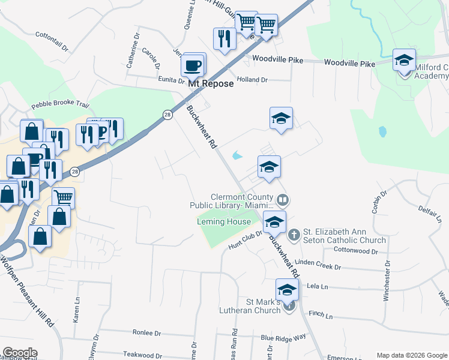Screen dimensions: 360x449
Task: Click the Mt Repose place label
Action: [x=211, y=84]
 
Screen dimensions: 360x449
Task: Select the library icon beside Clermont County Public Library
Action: [x=283, y=199]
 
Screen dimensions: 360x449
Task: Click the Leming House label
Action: [x=224, y=222]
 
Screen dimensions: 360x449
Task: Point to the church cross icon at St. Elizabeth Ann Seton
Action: [x=294, y=234]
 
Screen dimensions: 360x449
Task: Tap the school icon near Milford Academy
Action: [x=405, y=61]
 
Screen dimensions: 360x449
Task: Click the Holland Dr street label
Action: [x=252, y=80]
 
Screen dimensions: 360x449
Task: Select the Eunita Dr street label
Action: [x=170, y=79]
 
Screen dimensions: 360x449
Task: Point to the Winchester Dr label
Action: [x=387, y=280]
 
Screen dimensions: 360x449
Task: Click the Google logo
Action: [x=19, y=353]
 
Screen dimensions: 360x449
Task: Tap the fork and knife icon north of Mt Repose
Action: [x=224, y=39]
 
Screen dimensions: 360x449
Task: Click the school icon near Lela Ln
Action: [x=288, y=290]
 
